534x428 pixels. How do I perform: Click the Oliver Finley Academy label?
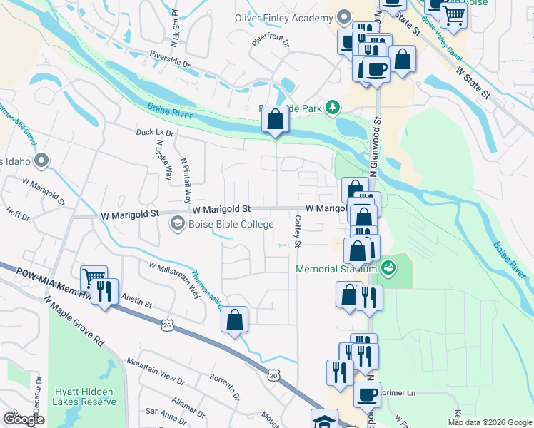click(x=284, y=17)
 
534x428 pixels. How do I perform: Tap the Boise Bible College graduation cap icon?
click(x=176, y=224)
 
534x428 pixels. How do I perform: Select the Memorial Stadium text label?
click(x=336, y=269)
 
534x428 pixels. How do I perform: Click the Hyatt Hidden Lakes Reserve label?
click(x=85, y=397)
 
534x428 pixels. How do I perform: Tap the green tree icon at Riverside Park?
click(x=331, y=108)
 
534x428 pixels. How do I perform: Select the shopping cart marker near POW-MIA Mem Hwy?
click(x=94, y=279)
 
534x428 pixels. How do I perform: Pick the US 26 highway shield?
click(x=166, y=325)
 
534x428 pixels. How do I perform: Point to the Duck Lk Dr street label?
click(x=155, y=133)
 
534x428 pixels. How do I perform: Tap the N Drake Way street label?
click(x=163, y=160)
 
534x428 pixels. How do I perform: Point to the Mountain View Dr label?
click(x=156, y=369)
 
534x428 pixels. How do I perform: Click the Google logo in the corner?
click(x=24, y=419)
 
